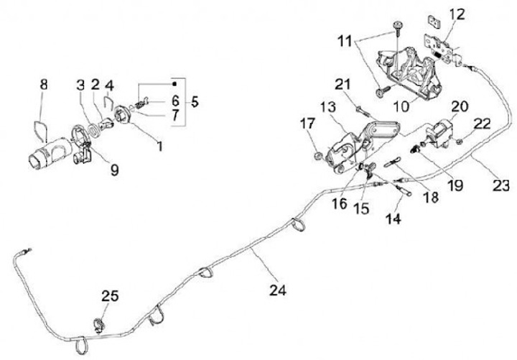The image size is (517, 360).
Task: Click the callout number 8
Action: [43, 84]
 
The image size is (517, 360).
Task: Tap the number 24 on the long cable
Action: [278, 291]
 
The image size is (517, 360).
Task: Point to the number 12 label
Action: [457, 14]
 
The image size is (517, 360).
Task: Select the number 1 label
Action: [159, 147]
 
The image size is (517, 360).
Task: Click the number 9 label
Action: [114, 170]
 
